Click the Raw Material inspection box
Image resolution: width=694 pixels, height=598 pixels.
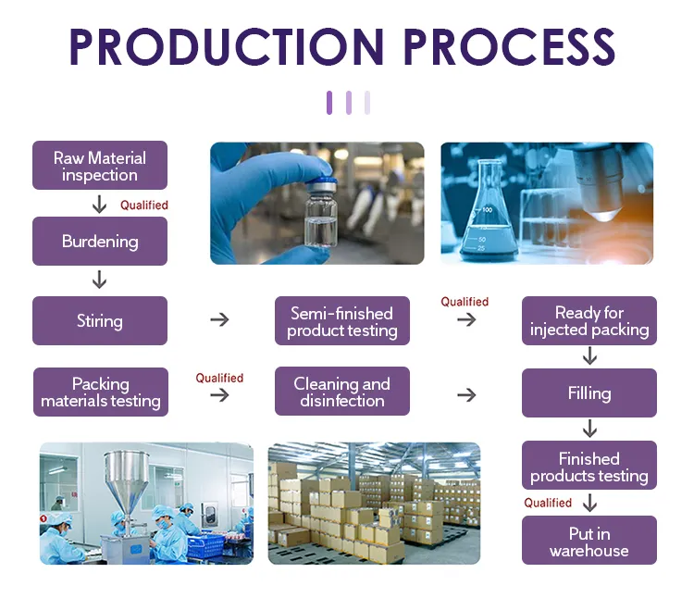100,166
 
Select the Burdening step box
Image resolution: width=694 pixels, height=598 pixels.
100,242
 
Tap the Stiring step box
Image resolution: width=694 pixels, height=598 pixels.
100,321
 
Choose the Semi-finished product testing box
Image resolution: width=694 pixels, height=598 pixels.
342,321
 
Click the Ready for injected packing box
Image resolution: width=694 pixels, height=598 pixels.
589,320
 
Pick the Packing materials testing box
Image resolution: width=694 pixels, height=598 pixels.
100,392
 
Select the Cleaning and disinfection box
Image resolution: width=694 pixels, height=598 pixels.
342,392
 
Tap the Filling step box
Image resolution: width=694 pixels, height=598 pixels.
589,393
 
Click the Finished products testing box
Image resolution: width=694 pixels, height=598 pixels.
589,467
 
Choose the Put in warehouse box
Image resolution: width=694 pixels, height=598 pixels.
589,542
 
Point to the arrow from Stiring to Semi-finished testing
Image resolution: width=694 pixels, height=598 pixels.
219,319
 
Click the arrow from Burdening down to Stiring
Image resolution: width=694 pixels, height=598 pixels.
99,280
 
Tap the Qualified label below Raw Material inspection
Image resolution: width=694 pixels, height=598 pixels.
144,205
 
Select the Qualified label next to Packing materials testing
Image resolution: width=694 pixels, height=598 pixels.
219,378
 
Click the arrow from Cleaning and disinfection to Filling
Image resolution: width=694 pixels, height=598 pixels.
466,395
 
